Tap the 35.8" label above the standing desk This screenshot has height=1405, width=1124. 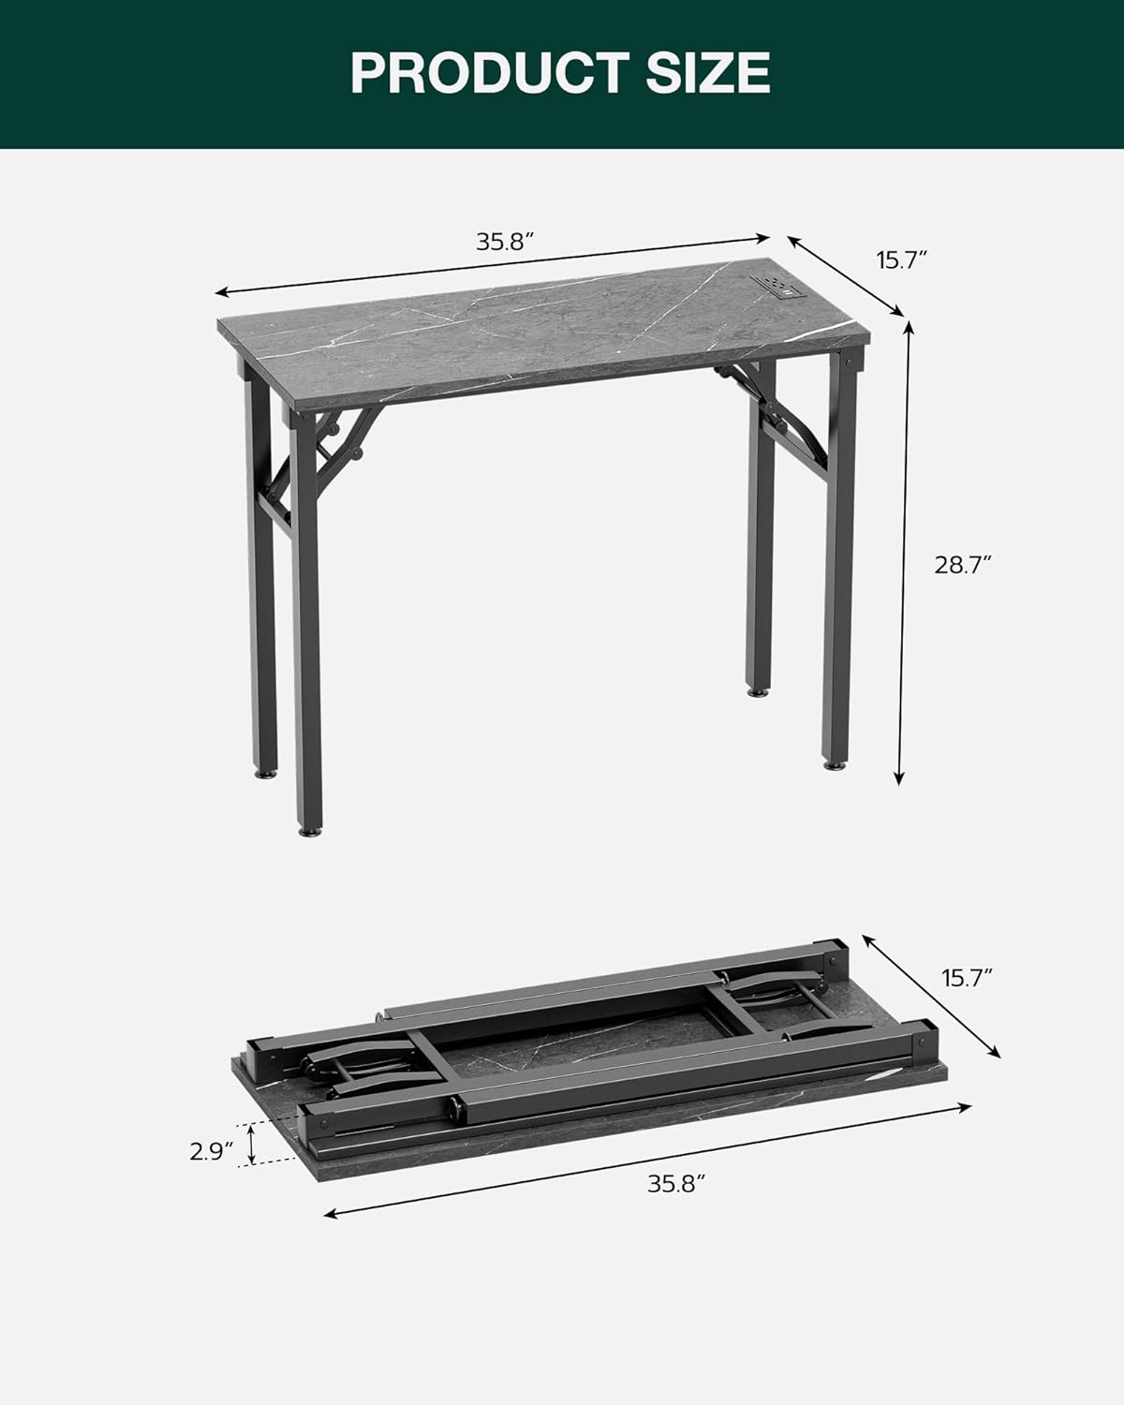[x=505, y=242]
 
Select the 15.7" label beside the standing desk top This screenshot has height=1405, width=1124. [x=901, y=259]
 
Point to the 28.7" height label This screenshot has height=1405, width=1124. [x=962, y=565]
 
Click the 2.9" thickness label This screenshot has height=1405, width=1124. [x=211, y=1151]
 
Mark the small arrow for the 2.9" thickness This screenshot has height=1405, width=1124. [x=250, y=1145]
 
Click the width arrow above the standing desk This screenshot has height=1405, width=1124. [x=493, y=264]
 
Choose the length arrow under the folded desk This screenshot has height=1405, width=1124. [x=646, y=1160]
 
